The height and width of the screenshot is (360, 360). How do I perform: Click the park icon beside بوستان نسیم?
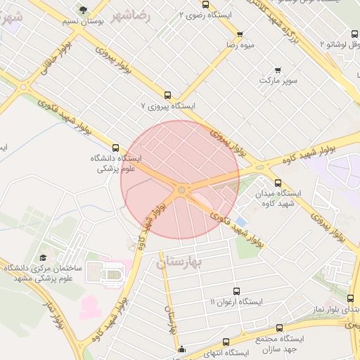[84, 10]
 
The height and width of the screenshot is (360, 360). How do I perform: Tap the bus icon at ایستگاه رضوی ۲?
[205, 5]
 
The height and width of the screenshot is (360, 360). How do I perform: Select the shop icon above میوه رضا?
[240, 34]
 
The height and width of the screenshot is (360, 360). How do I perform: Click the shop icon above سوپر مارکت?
[278, 70]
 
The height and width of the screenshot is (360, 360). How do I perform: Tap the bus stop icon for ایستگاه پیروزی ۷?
[167, 95]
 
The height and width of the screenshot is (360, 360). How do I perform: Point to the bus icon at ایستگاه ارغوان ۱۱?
[235, 290]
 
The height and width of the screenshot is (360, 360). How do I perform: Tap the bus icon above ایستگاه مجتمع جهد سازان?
[280, 328]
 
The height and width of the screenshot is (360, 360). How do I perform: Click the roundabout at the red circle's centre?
[181, 190]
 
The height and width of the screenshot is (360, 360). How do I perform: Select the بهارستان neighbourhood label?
[179, 262]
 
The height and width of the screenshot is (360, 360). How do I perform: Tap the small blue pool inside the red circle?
[240, 221]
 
